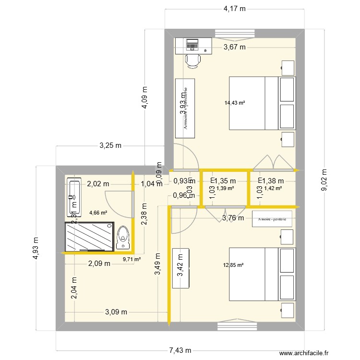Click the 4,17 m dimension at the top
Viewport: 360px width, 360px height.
(x=234, y=8)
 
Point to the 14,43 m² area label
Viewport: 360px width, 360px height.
(x=235, y=102)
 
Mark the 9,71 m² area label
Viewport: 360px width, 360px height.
(x=132, y=259)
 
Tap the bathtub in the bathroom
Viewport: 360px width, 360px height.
(x=73, y=198)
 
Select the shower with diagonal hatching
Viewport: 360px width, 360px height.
(x=89, y=236)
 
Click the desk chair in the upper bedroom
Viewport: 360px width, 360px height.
(x=193, y=60)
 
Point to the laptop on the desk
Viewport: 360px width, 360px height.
(x=192, y=44)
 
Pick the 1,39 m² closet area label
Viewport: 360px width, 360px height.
(x=225, y=188)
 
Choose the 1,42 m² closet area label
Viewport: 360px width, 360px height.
(x=272, y=188)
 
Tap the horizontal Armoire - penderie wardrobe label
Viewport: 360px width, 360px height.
(x=272, y=218)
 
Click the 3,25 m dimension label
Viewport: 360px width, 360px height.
(x=110, y=145)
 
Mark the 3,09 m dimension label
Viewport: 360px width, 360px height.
(x=116, y=312)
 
